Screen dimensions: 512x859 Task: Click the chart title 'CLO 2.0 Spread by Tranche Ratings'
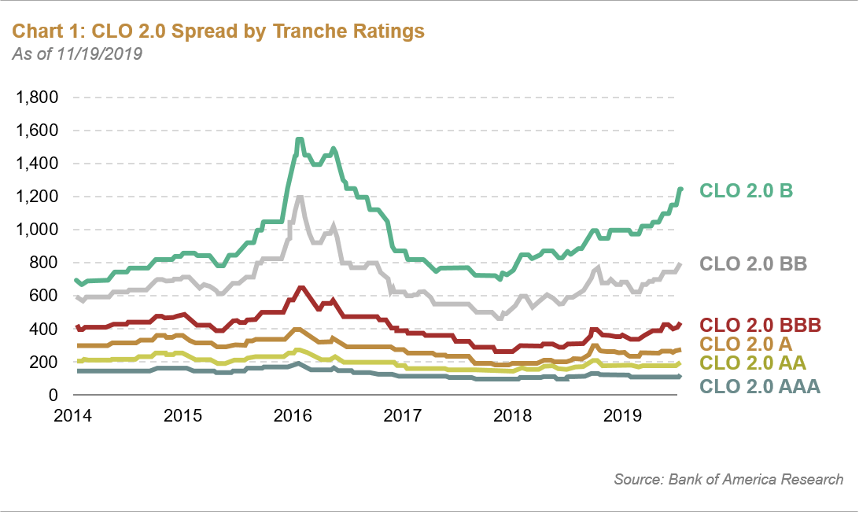click(218, 31)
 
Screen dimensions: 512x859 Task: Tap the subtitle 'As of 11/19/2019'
click(77, 54)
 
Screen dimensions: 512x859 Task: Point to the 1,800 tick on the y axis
click(38, 98)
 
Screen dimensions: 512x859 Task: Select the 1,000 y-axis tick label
click(38, 230)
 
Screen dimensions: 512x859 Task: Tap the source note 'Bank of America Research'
click(728, 479)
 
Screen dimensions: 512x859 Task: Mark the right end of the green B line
click(680, 189)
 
